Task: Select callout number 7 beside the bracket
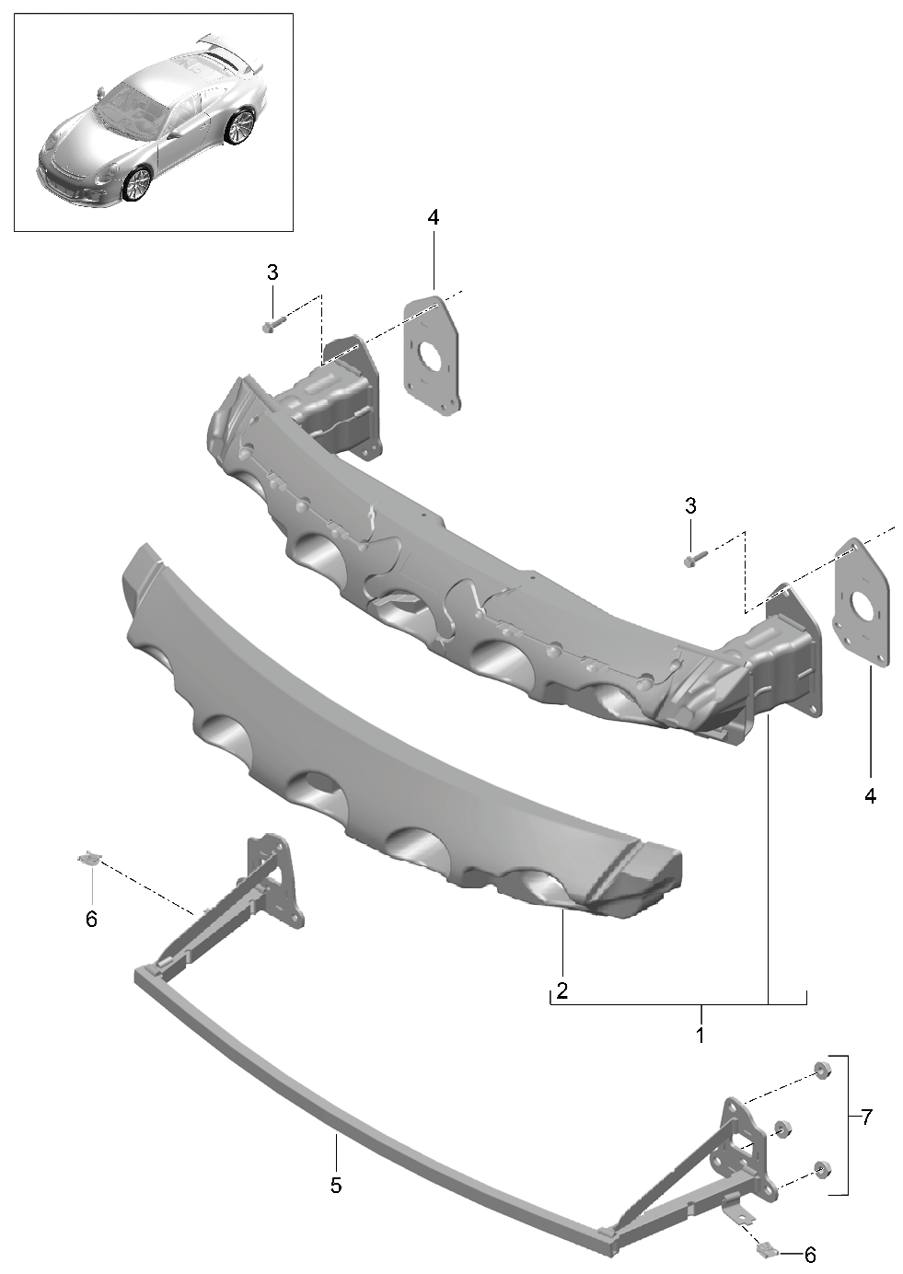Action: (x=866, y=1118)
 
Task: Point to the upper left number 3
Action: (x=272, y=272)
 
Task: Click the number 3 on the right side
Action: (x=689, y=505)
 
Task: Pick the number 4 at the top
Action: (x=434, y=216)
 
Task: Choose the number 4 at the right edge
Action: (x=870, y=795)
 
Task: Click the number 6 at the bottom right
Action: (x=810, y=1254)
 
